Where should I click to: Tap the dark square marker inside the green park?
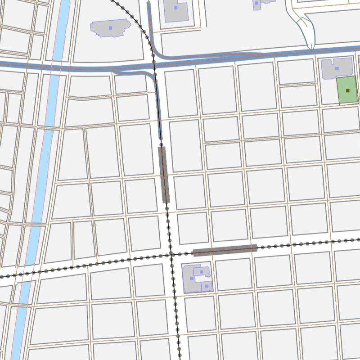pyautogui.click(x=347, y=90)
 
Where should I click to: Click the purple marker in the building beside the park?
pyautogui.click(x=337, y=68)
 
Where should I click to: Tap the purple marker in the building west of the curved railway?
pyautogui.click(x=110, y=28)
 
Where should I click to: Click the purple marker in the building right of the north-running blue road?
pyautogui.click(x=175, y=7)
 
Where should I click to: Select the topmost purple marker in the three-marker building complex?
pyautogui.click(x=201, y=272)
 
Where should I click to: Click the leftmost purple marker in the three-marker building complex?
pyautogui.click(x=192, y=279)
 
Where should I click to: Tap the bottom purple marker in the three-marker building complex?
pyautogui.click(x=207, y=286)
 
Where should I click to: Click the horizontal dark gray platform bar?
pyautogui.click(x=224, y=250)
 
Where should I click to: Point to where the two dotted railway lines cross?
pyautogui.click(x=171, y=255)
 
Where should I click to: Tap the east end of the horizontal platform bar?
pyautogui.click(x=256, y=247)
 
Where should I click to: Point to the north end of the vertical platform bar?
pyautogui.click(x=162, y=148)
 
